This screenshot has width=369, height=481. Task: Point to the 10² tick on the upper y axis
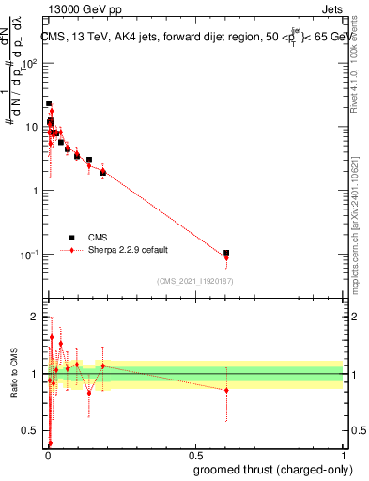[x=33, y=64]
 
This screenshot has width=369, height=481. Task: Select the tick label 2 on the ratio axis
[x=34, y=316]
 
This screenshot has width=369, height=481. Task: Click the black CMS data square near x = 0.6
[x=226, y=253]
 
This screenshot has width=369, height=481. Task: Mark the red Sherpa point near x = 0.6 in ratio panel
[x=226, y=390]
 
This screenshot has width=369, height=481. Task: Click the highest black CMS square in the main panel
[x=49, y=103]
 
